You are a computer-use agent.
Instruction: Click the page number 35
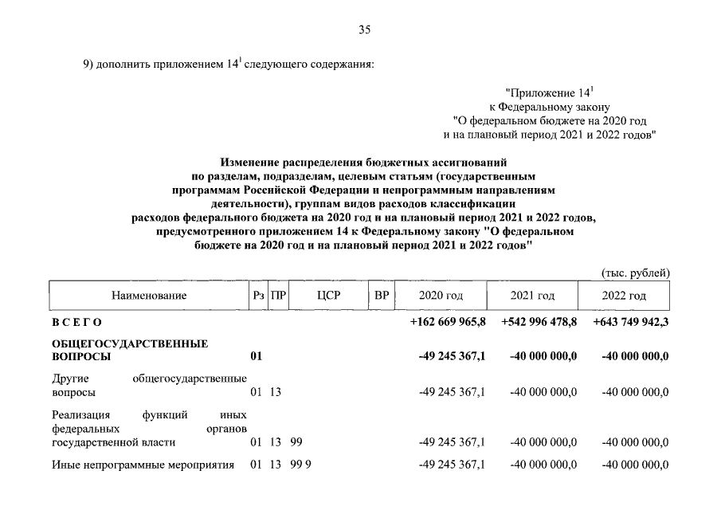364,30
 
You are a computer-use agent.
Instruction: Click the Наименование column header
149,296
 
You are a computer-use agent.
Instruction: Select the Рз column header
257,296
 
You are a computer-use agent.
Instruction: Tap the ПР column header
277,296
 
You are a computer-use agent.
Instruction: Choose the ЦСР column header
328,296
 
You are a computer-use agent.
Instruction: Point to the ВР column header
382,296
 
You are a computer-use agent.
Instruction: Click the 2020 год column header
441,296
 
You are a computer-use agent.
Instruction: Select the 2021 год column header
532,296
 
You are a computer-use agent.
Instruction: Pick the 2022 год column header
625,296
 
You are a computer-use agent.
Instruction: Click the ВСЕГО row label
76,322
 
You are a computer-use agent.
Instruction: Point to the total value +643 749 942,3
631,322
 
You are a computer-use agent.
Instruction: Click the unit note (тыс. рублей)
635,273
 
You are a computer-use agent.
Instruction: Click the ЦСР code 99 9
299,465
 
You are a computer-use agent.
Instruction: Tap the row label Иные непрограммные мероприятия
143,465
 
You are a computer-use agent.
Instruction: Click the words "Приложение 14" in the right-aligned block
551,94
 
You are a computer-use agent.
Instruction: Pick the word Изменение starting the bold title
248,163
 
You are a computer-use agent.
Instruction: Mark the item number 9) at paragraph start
88,65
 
